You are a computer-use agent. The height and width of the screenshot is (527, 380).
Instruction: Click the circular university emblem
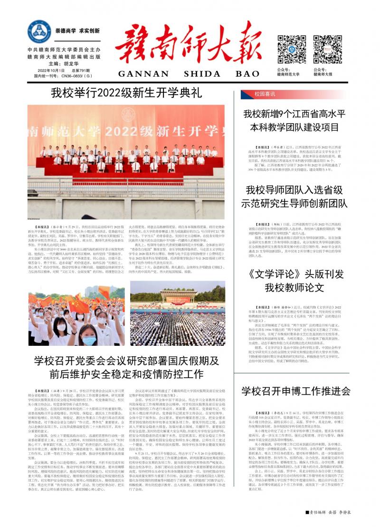tap(39, 32)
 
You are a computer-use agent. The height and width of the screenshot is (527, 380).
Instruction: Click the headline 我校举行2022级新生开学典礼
tap(126, 92)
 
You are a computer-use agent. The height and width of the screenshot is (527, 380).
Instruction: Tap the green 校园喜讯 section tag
tap(265, 94)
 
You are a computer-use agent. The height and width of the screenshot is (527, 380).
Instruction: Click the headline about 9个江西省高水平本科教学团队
tap(294, 120)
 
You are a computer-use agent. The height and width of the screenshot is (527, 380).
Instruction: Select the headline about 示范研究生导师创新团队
tap(294, 196)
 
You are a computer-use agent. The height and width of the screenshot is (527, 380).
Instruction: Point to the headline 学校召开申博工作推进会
tap(295, 391)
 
